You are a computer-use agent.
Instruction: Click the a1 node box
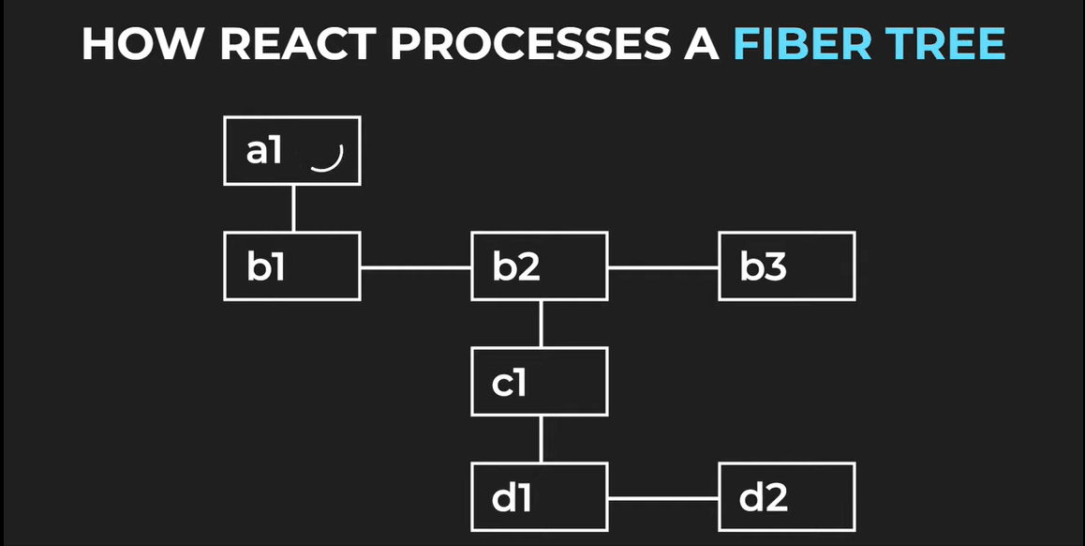[292, 150]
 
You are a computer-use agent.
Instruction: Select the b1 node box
[292, 266]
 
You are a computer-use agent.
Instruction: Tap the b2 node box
[540, 266]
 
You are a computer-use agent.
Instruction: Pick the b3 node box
[786, 266]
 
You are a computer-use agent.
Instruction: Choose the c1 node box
[540, 382]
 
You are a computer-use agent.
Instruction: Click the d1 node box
[540, 497]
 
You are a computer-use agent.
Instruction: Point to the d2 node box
[786, 497]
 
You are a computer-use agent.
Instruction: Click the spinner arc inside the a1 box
[327, 161]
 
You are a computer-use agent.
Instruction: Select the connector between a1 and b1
[293, 208]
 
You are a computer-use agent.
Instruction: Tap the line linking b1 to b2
[416, 267]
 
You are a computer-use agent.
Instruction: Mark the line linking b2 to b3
[663, 267]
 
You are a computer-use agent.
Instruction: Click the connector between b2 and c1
[541, 324]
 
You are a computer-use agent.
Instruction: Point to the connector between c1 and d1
[541, 439]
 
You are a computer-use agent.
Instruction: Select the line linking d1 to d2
[663, 498]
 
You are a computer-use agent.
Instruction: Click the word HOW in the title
[133, 44]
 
